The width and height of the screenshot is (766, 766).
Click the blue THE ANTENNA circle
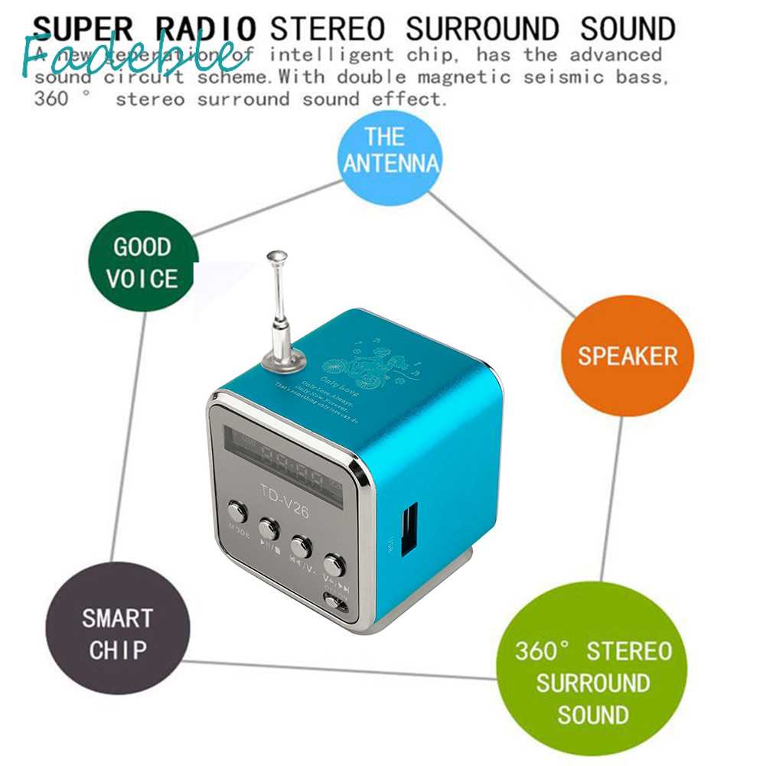391,151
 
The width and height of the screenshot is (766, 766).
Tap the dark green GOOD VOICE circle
143,262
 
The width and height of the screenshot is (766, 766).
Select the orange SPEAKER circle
627,356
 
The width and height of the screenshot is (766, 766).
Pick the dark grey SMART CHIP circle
117,633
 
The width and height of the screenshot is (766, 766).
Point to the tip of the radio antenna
276,256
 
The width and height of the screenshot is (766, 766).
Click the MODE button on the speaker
237,511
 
